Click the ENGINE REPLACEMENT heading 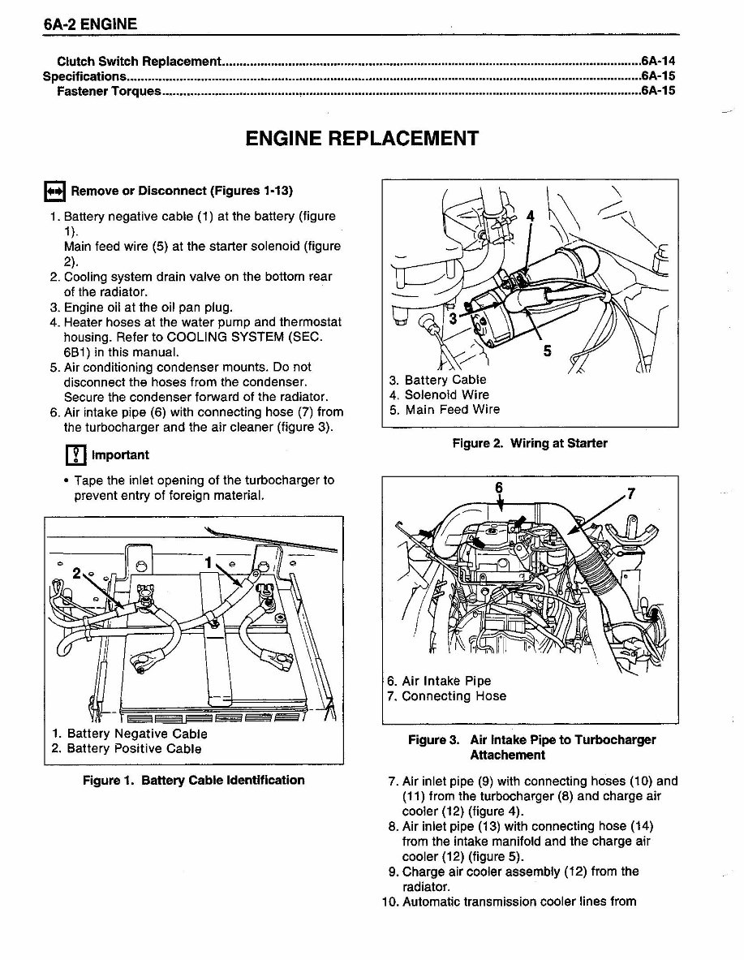pos(361,138)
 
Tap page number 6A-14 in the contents pos(658,61)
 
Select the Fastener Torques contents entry pos(109,91)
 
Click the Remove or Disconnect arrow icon pos(54,192)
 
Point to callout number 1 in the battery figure pos(209,561)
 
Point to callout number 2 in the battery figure pos(76,573)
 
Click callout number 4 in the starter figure pos(531,217)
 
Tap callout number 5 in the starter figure pos(547,352)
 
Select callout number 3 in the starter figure pos(454,320)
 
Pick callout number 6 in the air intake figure pos(499,487)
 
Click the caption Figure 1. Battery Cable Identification pos(193,781)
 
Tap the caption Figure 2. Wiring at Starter pos(529,443)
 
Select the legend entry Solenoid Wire pos(438,395)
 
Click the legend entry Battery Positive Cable pos(126,749)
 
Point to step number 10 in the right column pos(391,902)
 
